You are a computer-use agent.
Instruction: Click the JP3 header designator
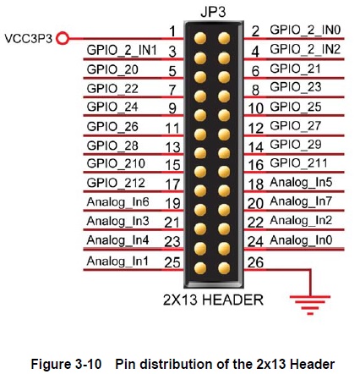coord(213,12)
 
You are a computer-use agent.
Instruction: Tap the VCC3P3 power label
coord(29,39)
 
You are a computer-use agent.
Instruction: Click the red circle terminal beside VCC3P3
coord(63,38)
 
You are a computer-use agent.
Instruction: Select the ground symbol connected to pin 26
coord(310,305)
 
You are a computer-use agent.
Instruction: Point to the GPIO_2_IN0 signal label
coord(305,30)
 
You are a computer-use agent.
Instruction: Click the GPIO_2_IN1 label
coord(122,50)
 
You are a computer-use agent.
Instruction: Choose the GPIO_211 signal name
coord(298,163)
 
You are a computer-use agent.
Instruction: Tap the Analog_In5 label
coord(301,183)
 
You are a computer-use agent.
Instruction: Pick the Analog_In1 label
coord(117,261)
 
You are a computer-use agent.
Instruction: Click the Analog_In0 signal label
coord(301,240)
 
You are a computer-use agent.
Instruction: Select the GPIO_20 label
coord(112,69)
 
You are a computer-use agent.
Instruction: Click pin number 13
coord(172,147)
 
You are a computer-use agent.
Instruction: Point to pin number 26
coord(255,262)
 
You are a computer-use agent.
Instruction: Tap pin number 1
coord(172,31)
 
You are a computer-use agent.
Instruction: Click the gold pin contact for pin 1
coord(200,38)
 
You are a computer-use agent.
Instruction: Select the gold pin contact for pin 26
coord(224,268)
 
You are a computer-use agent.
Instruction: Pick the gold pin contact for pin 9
coord(200,115)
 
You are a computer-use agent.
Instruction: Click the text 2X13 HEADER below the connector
coord(213,300)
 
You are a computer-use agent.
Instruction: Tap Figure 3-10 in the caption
coord(66,364)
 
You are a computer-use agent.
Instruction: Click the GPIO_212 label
coord(116,183)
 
